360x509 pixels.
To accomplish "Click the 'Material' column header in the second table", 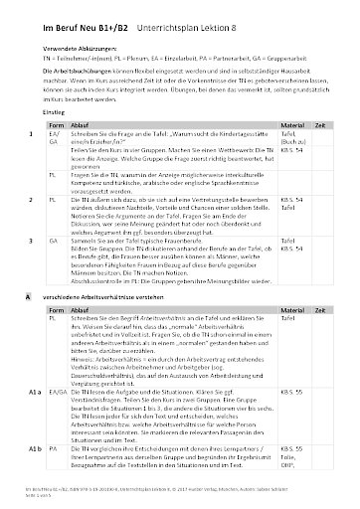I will click(294, 280).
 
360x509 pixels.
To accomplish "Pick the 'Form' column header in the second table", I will click(56, 280).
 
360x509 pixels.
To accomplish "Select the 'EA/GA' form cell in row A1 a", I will click(58, 366).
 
